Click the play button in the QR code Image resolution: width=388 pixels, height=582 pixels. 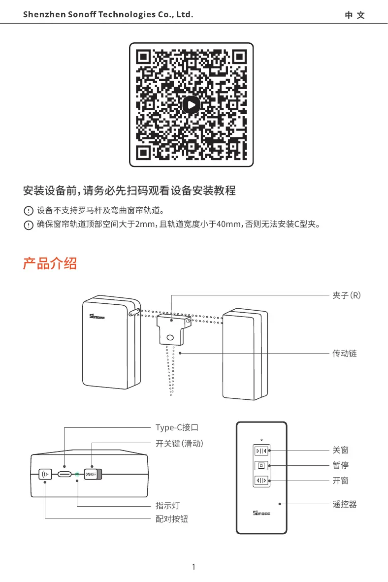pyautogui.click(x=191, y=104)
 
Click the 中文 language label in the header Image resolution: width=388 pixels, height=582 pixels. pyautogui.click(x=355, y=15)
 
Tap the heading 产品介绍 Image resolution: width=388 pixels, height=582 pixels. pyautogui.click(x=50, y=263)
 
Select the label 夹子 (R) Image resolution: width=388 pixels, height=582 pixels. pyautogui.click(x=347, y=295)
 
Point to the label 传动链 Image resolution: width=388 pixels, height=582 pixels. pyautogui.click(x=344, y=353)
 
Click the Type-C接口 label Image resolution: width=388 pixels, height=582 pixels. pyautogui.click(x=177, y=427)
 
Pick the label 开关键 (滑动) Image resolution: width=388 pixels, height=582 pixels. pyautogui.click(x=179, y=443)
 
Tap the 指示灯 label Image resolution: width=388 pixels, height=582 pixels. pyautogui.click(x=167, y=506)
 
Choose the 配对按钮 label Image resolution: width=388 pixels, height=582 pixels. pyautogui.click(x=172, y=519)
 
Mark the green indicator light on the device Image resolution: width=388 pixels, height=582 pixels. pyautogui.click(x=77, y=474)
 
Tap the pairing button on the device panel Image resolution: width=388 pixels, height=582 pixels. pyautogui.click(x=45, y=474)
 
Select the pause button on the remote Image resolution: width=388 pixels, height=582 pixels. pyautogui.click(x=261, y=465)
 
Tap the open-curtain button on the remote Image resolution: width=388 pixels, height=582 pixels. pyautogui.click(x=261, y=480)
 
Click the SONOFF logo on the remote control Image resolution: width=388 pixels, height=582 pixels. pyautogui.click(x=261, y=513)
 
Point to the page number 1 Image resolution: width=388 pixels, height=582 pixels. pyautogui.click(x=194, y=567)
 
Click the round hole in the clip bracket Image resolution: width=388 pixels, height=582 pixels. pyautogui.click(x=170, y=338)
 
